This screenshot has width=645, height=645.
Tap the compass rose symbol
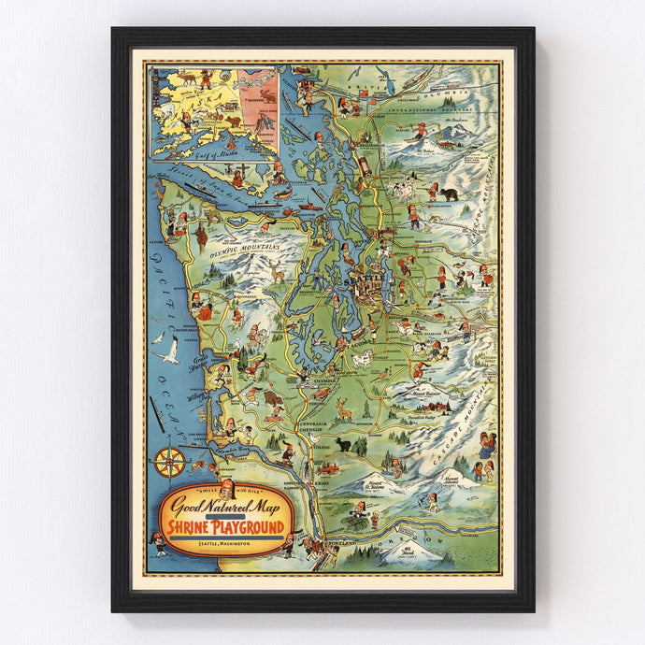169,461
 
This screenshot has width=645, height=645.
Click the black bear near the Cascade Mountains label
450,194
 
